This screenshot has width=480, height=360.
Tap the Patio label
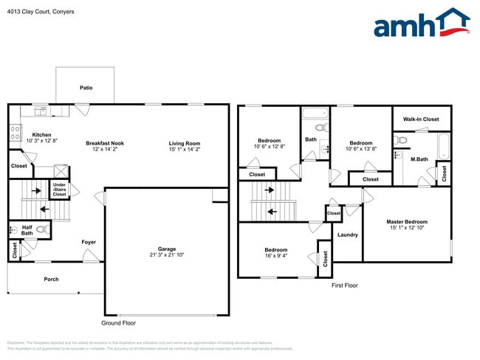86,88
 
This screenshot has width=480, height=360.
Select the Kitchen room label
41,135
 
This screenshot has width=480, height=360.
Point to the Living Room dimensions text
185,150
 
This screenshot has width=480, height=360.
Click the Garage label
166,249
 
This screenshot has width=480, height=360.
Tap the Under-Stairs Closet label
59,190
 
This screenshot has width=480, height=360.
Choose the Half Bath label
27,231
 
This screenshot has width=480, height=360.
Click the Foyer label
89,242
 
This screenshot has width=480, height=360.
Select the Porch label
51,279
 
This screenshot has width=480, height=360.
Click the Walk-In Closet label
420,119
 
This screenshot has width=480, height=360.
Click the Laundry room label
347,235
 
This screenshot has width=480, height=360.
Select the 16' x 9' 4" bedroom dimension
275,257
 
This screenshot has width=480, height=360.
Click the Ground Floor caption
118,323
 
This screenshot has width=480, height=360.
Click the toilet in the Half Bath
42,230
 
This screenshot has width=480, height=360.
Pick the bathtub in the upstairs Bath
314,114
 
